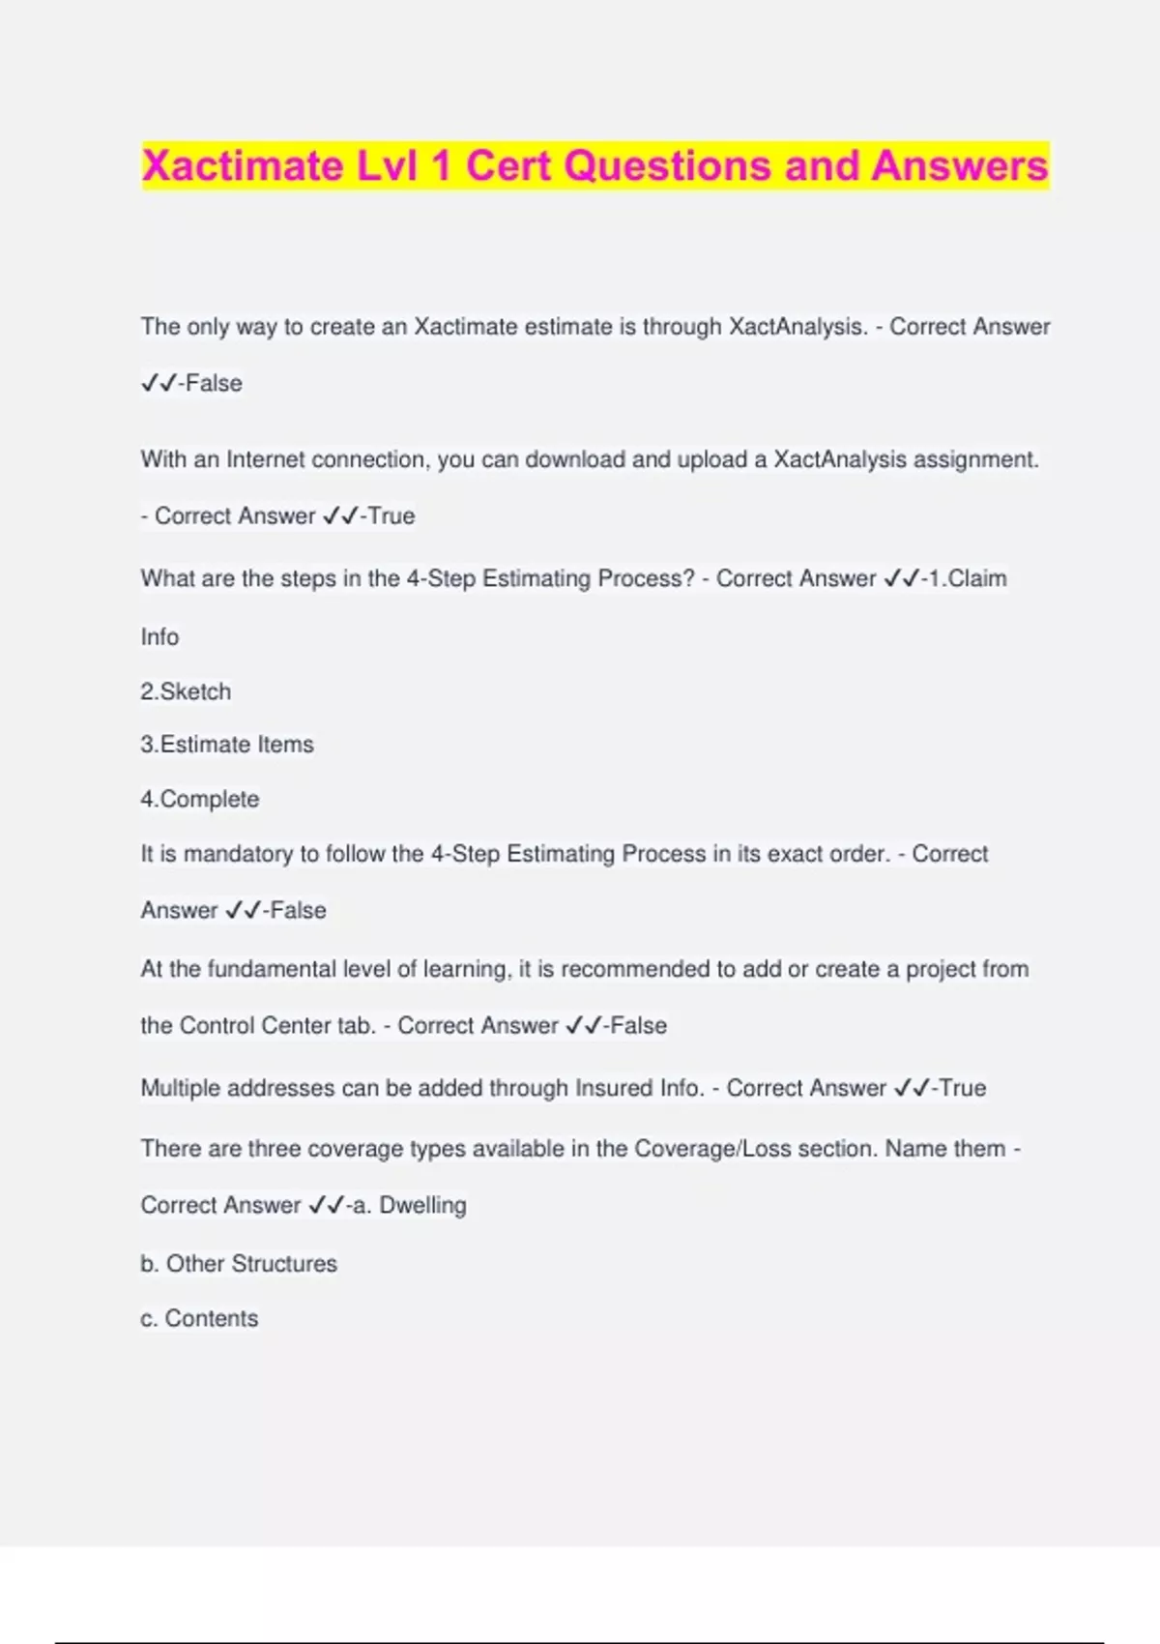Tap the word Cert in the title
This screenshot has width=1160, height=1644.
click(x=508, y=165)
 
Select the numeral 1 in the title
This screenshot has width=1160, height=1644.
click(x=441, y=165)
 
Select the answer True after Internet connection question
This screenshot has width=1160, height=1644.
click(x=391, y=515)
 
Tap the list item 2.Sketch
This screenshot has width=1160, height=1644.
click(x=186, y=691)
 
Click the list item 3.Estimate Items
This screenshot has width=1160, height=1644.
click(x=227, y=745)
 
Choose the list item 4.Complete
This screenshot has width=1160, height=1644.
click(x=200, y=799)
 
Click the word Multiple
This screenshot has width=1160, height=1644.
click(x=180, y=1088)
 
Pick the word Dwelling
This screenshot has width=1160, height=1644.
click(x=422, y=1205)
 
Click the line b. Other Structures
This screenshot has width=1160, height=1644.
click(x=239, y=1264)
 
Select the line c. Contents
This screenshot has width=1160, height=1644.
click(x=199, y=1318)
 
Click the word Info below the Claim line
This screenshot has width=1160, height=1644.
click(x=159, y=637)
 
